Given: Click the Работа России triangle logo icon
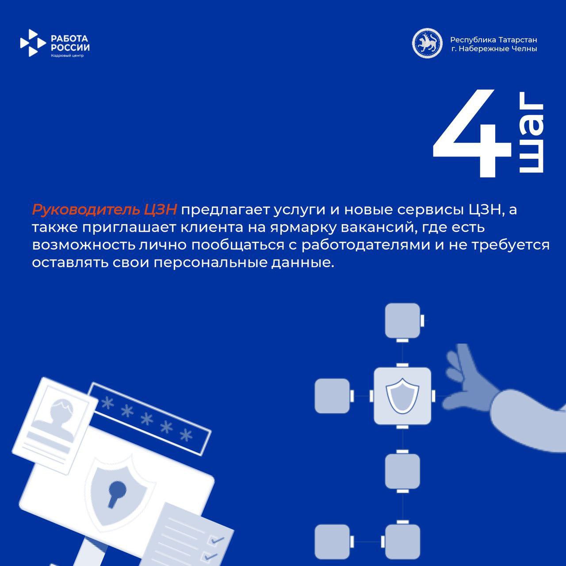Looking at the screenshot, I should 32,43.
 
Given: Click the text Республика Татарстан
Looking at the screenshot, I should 493,40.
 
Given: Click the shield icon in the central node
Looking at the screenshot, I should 402,395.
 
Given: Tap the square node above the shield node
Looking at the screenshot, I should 402,321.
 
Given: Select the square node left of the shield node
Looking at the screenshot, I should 332,396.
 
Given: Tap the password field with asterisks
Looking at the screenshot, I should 148,418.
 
